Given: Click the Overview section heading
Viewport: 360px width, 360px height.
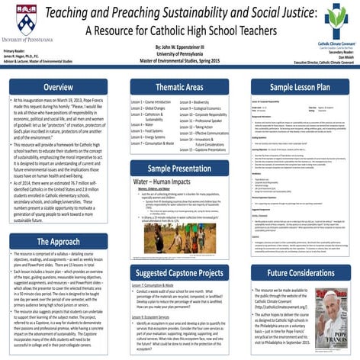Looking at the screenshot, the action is pos(58,87).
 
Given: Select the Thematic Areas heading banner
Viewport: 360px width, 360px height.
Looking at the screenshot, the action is pos(179,87).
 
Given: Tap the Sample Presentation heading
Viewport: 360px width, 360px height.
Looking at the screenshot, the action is pos(179,168).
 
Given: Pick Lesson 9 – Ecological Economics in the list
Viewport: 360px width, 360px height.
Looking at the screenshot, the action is pos(208,109).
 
